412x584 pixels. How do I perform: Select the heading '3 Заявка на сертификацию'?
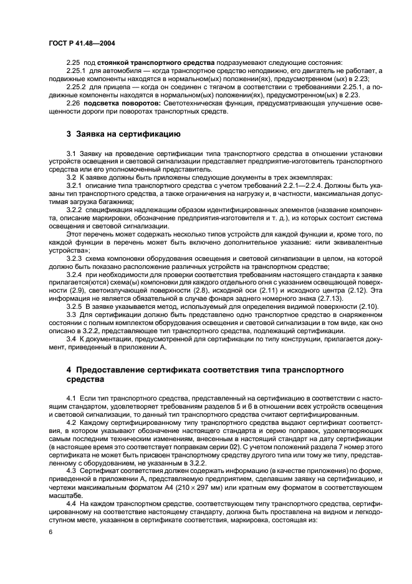123,134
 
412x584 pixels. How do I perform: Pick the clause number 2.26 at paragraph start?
73,102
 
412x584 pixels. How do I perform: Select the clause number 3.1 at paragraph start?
70,153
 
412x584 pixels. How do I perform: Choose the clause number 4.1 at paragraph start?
70,397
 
